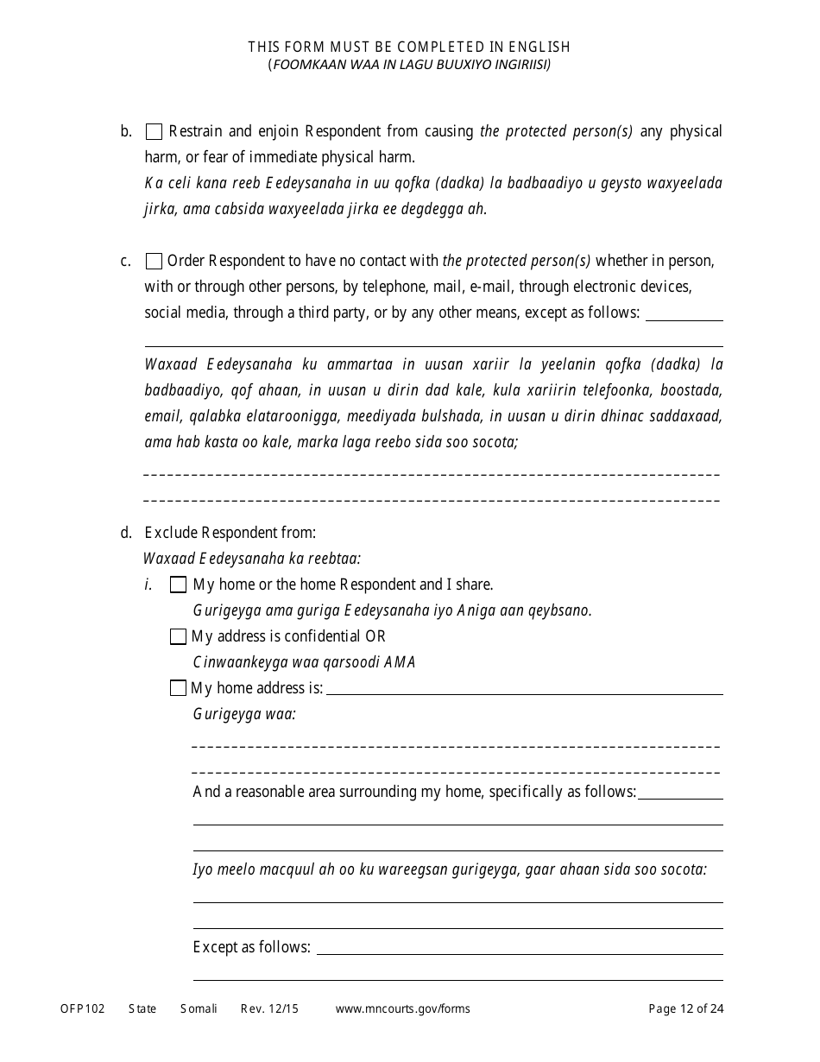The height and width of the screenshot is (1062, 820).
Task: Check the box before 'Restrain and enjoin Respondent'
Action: pyautogui.click(x=154, y=132)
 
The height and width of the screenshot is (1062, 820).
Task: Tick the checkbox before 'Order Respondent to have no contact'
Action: pyautogui.click(x=154, y=261)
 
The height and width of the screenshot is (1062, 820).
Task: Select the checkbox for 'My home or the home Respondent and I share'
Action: pyautogui.click(x=178, y=585)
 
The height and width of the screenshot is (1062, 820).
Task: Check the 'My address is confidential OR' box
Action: pyautogui.click(x=178, y=636)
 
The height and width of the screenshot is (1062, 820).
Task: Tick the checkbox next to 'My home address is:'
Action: pyautogui.click(x=178, y=688)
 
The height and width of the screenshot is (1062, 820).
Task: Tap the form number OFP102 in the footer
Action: pyautogui.click(x=83, y=1008)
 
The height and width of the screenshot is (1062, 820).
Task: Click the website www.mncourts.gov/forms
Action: pyautogui.click(x=402, y=1008)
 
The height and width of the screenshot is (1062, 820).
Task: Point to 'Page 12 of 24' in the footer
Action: pyautogui.click(x=685, y=1008)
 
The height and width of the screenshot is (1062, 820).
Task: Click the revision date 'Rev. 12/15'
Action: pyautogui.click(x=269, y=1008)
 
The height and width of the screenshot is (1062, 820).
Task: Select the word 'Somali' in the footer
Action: pyautogui.click(x=199, y=1008)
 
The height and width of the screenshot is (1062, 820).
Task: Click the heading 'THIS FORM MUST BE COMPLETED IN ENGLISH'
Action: pyautogui.click(x=409, y=47)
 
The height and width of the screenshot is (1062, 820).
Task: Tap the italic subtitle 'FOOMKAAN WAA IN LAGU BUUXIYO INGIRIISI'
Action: pyautogui.click(x=409, y=65)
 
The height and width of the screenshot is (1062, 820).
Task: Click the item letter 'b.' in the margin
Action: pyautogui.click(x=126, y=132)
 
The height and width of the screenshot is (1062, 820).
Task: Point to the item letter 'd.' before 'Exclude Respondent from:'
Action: pyautogui.click(x=126, y=533)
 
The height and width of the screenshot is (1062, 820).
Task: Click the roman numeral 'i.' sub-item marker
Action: pyautogui.click(x=148, y=585)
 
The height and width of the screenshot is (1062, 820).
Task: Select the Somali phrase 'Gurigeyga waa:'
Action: pyautogui.click(x=244, y=714)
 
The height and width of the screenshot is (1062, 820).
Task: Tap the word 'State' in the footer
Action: pyautogui.click(x=142, y=1008)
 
